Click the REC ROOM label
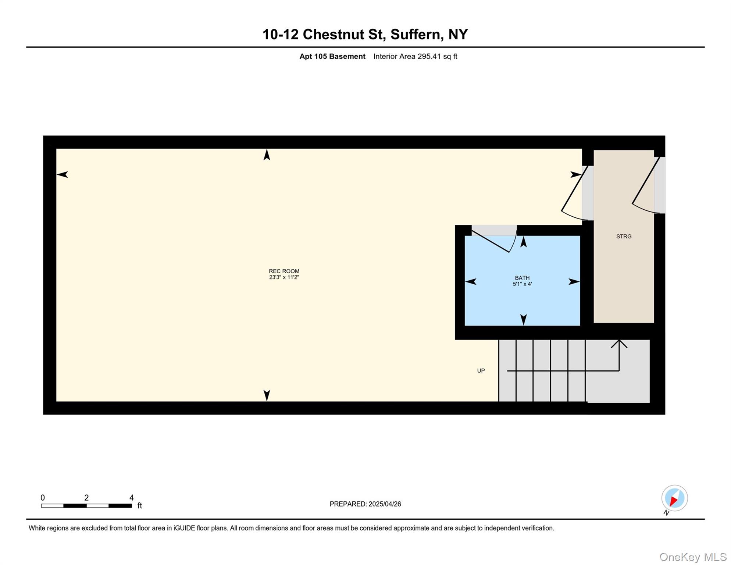(284, 271)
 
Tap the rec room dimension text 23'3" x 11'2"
(284, 277)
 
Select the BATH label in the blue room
(522, 278)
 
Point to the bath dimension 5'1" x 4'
(522, 284)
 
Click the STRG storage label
(624, 237)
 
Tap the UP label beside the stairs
(481, 370)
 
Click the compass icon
(674, 498)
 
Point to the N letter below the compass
(666, 513)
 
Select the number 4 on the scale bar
(132, 498)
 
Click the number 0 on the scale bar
(43, 498)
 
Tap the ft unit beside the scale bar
(140, 506)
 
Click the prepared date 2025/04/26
(385, 504)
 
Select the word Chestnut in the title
(344, 35)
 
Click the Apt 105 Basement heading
(332, 56)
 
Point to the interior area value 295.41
(429, 56)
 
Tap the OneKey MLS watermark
(693, 557)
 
